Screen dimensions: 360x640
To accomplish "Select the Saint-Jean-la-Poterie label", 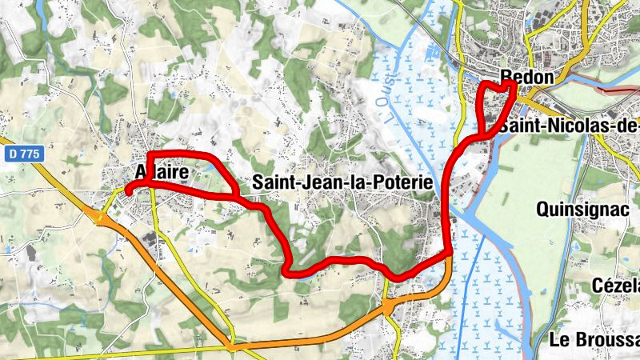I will (342, 183).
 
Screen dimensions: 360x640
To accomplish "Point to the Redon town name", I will (527, 78).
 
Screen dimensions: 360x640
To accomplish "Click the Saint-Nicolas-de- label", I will (568, 126).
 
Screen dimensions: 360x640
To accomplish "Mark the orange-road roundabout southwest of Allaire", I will (102, 217).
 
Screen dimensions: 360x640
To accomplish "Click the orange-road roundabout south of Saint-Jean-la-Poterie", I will (388, 306).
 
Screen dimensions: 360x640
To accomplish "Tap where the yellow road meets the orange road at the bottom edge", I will (232, 346).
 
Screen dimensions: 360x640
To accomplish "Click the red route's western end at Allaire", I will (127, 192).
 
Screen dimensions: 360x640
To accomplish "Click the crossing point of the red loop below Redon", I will (482, 134).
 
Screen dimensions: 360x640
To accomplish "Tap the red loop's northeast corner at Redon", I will (512, 83).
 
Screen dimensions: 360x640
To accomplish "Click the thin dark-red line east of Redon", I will (616, 91).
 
